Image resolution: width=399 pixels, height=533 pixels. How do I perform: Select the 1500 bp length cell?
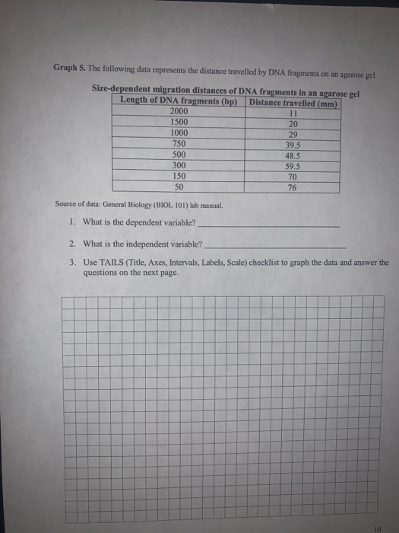click(179, 122)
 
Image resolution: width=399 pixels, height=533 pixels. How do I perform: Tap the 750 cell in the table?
click(179, 142)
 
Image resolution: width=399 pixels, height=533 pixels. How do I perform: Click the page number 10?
click(378, 524)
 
